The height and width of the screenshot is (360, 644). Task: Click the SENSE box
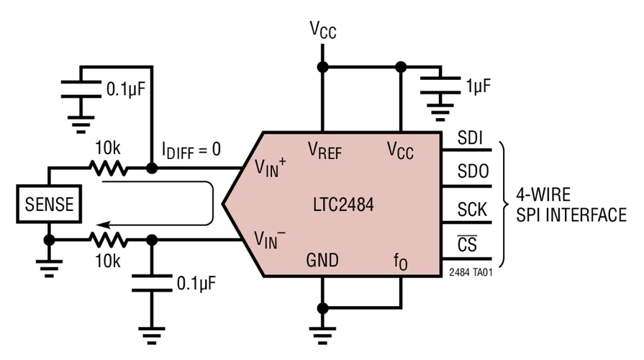click(49, 204)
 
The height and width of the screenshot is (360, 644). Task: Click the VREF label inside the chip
click(326, 150)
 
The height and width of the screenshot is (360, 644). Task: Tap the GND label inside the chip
click(323, 260)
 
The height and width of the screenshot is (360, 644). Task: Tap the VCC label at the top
click(323, 30)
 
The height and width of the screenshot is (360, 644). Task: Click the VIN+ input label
click(271, 168)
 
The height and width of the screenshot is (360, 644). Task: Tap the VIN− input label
click(271, 239)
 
